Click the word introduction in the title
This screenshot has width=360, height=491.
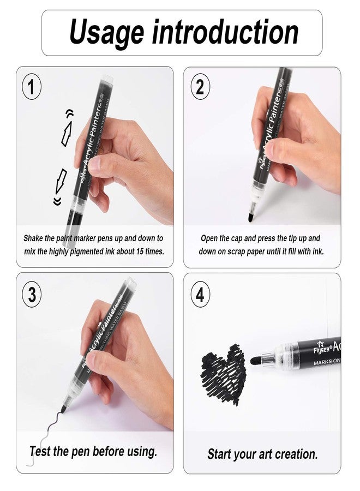point(225,33)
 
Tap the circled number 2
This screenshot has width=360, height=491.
point(200,87)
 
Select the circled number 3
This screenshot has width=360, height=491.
point(32,295)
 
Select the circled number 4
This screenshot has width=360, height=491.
point(200,295)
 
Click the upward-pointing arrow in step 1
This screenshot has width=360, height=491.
point(67,133)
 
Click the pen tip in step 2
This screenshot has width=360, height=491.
point(250,217)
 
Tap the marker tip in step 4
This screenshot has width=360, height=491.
point(255,360)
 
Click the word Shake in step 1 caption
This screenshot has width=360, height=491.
point(34,238)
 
